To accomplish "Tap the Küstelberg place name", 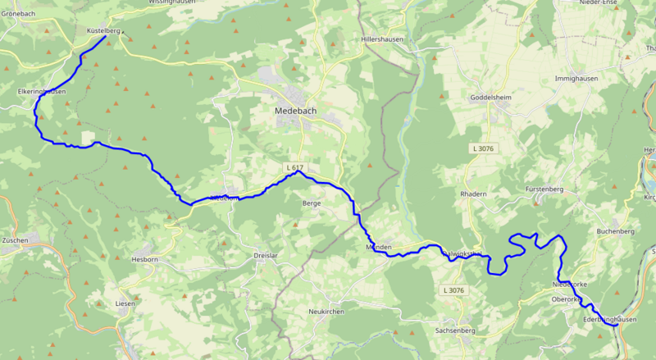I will tap(103, 30).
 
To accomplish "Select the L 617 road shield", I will tap(294, 167).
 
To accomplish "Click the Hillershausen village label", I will tap(384, 39).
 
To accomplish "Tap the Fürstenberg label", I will tap(547, 189).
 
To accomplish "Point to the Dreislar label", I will tap(267, 256).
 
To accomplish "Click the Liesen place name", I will tap(125, 303).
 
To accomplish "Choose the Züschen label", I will tap(15, 240).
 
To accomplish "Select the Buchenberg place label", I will tap(616, 232).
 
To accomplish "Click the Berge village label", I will tap(312, 203).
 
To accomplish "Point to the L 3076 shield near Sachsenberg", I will tap(453, 290).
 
